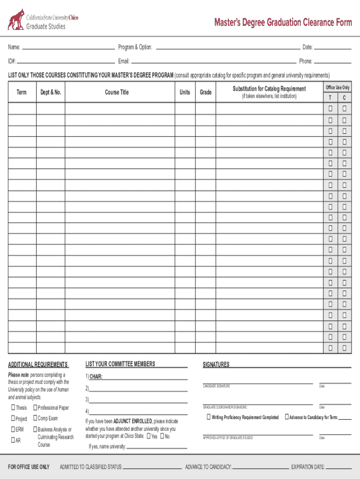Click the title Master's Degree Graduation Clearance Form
tap(283, 22)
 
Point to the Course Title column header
tap(117, 92)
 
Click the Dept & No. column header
tap(51, 92)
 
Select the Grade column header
tap(206, 92)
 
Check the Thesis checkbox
tap(13, 407)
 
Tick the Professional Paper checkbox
tap(35, 407)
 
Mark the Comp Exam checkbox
tap(35, 418)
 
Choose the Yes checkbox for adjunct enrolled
tap(148, 436)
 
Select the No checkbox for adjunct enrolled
tap(162, 436)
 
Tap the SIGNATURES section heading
tap(216, 364)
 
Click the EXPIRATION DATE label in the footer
tap(308, 467)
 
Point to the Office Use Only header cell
tap(338, 87)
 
